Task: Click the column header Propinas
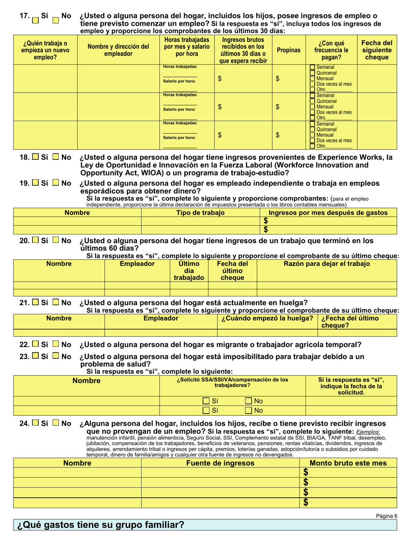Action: [288, 50]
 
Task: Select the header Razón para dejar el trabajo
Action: [327, 264]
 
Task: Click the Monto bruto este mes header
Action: [347, 463]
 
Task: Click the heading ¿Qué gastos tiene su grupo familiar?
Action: [100, 525]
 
